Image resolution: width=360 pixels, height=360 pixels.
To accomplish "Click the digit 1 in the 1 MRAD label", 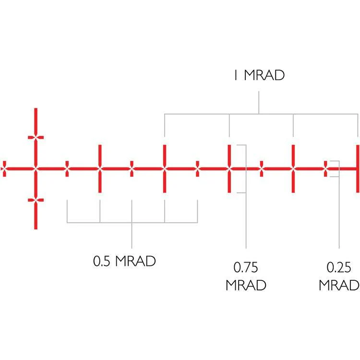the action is pos(236,75).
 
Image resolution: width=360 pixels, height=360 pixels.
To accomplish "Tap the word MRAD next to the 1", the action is pos(264,75).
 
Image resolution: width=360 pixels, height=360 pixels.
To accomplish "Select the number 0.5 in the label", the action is pos(101,261).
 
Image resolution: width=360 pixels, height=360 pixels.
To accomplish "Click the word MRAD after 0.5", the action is pos(135,261).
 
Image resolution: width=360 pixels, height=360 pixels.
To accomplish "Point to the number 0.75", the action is pos(246,267).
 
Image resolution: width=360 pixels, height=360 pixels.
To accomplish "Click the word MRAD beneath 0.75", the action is pos(246,285).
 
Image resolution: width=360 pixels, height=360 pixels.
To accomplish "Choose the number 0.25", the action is pos(339,267).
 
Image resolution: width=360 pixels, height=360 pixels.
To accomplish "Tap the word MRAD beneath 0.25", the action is pos(339,285).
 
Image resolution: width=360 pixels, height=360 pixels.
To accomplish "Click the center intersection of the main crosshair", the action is pos(36,169).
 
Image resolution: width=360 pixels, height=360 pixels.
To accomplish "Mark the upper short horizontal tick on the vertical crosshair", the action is pos(36,138).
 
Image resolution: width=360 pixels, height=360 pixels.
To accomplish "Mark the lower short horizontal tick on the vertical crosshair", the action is pos(36,200).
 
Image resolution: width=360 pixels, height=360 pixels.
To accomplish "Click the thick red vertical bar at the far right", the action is pos(358,169).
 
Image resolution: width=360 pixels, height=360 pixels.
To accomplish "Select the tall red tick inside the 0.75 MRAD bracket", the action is pos(229,169).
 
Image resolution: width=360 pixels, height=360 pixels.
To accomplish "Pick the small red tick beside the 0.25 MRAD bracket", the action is pos(325,169).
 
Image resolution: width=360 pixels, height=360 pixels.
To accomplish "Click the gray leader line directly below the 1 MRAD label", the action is pos(259,102).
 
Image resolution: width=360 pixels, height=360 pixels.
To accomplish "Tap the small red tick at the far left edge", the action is pos(4,169).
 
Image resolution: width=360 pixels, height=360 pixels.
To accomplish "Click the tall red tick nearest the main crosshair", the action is pos(100,169).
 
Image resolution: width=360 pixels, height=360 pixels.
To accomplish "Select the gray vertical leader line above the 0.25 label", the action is pos(339,213).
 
